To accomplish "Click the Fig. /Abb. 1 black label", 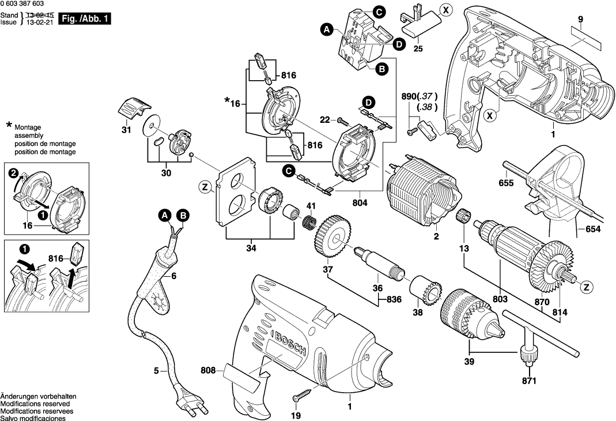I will (x=84, y=19).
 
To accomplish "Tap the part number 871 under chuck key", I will (x=529, y=381).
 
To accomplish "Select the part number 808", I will (x=209, y=372).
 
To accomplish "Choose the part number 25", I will (x=418, y=48).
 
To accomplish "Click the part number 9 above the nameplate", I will (x=581, y=20).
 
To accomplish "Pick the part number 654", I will (x=593, y=230).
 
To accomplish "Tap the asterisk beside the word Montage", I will (x=9, y=125).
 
